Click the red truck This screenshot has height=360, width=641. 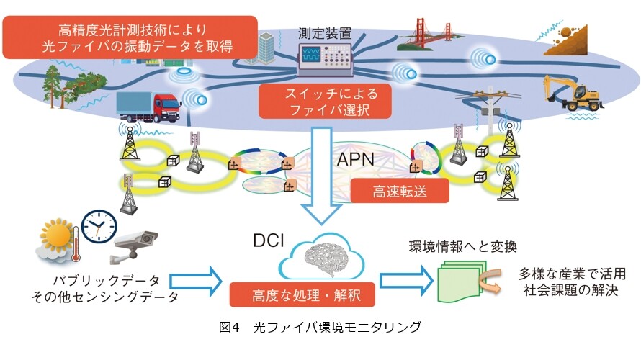click(149, 107)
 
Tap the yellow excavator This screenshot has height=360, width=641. click(573, 94)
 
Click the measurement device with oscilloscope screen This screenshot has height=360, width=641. click(325, 59)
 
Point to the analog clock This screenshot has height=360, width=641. click(99, 227)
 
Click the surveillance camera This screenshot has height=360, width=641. click(134, 246)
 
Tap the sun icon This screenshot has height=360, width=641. click(57, 235)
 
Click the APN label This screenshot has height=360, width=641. click(355, 159)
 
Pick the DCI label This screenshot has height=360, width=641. click(268, 240)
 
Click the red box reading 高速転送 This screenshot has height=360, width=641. click(400, 191)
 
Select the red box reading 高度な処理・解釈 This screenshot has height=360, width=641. click(302, 294)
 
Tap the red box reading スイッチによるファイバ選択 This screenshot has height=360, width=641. click(325, 102)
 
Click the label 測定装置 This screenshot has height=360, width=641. click(325, 33)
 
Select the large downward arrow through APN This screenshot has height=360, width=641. click(321, 176)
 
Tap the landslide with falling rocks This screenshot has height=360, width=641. click(566, 40)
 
